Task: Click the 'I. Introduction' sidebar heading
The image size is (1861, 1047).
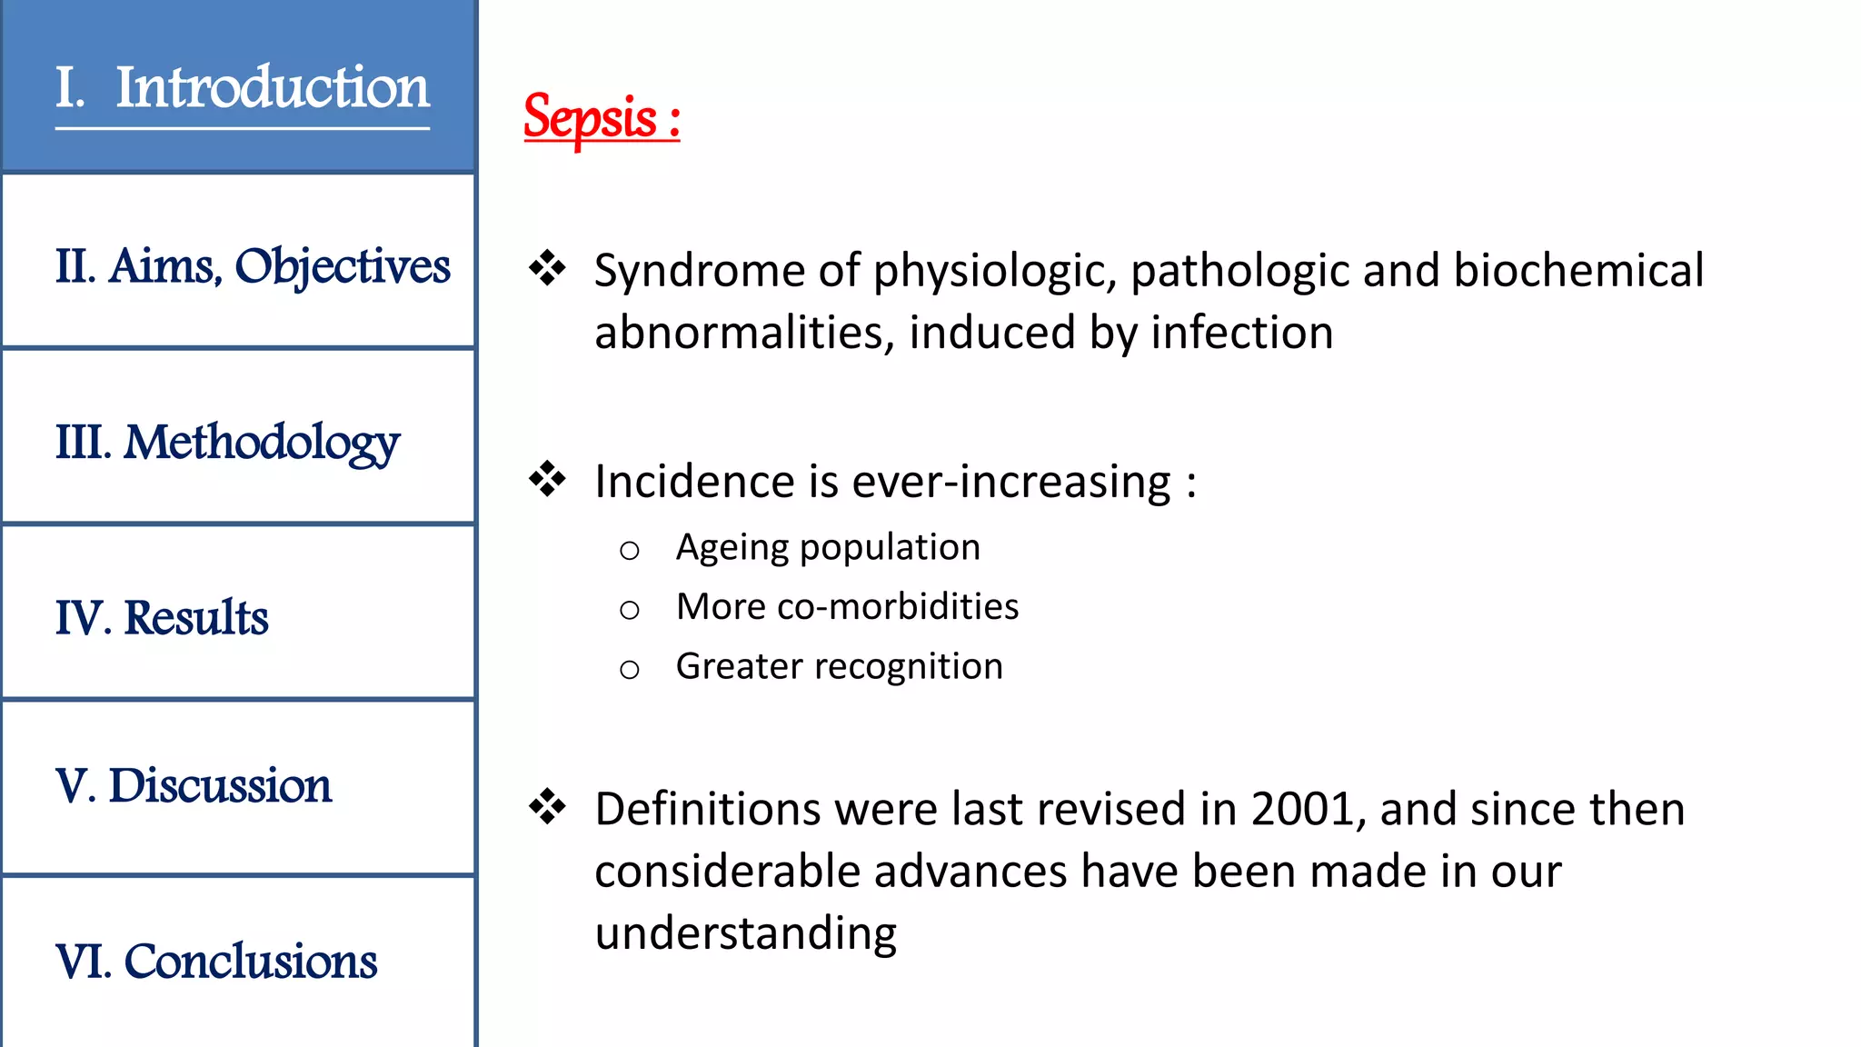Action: (x=242, y=88)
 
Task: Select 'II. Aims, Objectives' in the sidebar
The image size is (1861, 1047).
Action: (x=253, y=266)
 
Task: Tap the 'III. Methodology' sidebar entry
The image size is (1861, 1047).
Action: (x=227, y=443)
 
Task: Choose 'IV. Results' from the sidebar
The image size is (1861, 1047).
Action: (x=162, y=618)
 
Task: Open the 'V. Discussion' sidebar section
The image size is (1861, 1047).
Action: (x=194, y=785)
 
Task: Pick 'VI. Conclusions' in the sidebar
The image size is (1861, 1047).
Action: (x=216, y=962)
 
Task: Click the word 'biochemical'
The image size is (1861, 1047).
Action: (x=1578, y=271)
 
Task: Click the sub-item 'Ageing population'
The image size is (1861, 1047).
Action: (x=828, y=547)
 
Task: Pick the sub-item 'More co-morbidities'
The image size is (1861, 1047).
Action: (x=847, y=607)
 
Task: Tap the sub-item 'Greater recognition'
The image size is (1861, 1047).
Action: (x=839, y=666)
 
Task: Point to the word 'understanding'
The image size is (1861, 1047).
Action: (x=745, y=933)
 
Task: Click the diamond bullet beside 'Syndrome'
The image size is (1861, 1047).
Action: (x=547, y=269)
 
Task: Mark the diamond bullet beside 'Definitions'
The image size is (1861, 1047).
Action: (x=547, y=807)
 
